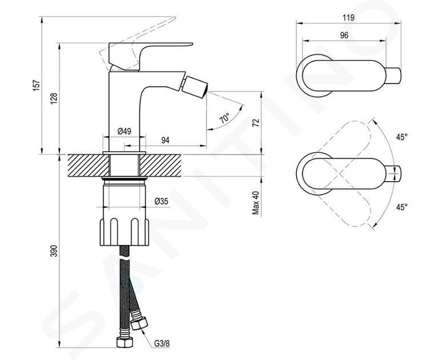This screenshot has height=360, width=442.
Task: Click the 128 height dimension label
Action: (54, 99)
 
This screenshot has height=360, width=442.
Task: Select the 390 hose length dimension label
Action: (54, 251)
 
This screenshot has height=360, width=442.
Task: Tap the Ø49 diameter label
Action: (124, 131)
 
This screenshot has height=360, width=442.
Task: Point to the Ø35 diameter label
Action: (161, 201)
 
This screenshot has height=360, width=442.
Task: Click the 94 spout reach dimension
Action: (165, 140)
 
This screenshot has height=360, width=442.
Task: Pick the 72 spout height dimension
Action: (256, 123)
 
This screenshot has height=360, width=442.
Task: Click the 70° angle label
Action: (225, 118)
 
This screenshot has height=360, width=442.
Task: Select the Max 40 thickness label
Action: (256, 203)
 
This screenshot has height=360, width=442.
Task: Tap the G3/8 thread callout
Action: (162, 343)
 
